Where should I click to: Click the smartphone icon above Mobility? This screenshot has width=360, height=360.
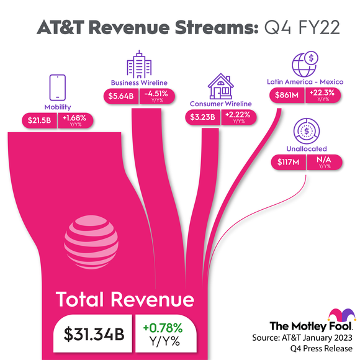(x=57, y=88)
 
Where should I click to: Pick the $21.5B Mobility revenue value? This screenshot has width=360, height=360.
(x=38, y=120)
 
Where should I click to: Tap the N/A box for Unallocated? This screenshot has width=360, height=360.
(x=323, y=162)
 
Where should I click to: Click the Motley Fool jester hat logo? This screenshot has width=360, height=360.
(x=345, y=313)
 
